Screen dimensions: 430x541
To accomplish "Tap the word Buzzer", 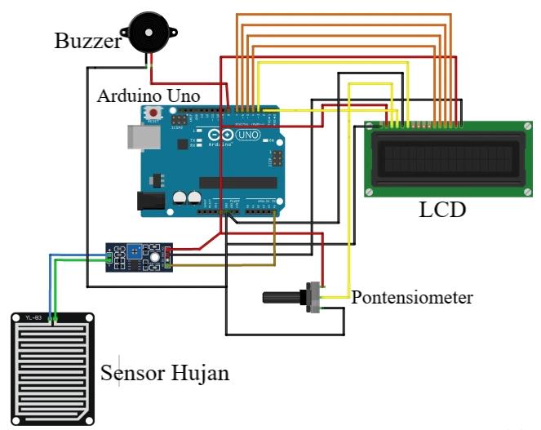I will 87,41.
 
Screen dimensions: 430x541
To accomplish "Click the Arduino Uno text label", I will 149,95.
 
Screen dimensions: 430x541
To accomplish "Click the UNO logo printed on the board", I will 246,135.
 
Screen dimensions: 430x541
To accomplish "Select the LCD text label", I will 442,210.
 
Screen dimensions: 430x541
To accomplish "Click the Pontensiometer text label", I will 412,297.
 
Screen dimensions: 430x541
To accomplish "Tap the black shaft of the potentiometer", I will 282,299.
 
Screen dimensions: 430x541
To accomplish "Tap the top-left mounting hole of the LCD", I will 370,127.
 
